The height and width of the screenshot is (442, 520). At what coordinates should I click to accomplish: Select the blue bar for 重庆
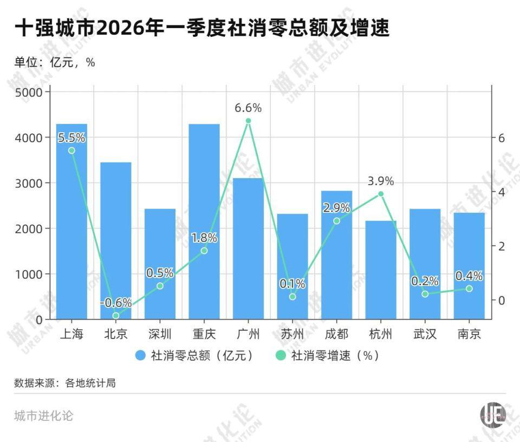(x=204, y=222)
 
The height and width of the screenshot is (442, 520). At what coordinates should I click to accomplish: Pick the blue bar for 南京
(x=469, y=265)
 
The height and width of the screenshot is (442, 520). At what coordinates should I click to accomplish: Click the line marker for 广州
(x=248, y=121)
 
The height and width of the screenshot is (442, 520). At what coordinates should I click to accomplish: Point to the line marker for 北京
(x=116, y=315)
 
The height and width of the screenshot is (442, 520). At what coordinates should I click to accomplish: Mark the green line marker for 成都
(x=336, y=221)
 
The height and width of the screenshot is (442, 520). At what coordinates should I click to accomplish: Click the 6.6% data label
(x=248, y=108)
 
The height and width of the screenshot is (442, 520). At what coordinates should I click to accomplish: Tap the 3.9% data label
(x=381, y=181)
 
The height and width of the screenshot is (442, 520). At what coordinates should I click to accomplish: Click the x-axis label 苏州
(x=292, y=334)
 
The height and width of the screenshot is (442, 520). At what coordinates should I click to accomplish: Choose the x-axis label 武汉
(x=425, y=334)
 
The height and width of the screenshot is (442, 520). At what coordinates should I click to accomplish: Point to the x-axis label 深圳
(x=160, y=334)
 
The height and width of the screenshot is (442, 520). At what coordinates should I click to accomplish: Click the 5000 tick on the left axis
(x=28, y=92)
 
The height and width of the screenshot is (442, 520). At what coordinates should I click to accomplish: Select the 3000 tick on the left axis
(x=28, y=183)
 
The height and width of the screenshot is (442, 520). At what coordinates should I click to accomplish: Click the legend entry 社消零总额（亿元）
(x=194, y=355)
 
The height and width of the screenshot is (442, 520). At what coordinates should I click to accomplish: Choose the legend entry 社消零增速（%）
(x=328, y=355)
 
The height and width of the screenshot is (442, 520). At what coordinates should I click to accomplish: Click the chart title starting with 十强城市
(x=201, y=28)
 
